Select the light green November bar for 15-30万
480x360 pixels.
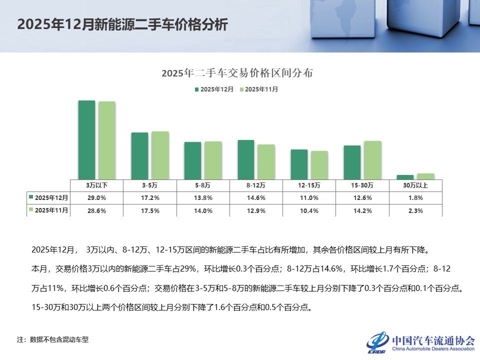coord(372,159)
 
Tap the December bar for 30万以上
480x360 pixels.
coord(405,176)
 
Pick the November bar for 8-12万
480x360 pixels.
coord(266,161)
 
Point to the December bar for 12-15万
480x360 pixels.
coord(299,163)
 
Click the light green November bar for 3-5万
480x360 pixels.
coord(160,154)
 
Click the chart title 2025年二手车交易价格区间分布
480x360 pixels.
coord(237,73)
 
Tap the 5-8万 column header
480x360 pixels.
coord(203,185)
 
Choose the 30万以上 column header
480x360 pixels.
coord(415,185)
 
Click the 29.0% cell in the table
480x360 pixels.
coord(96,198)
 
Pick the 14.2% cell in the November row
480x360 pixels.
coord(362,210)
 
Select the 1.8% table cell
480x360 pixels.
coord(415,198)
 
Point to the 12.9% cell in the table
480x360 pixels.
coord(256,210)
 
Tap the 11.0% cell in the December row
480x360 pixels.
coord(309,198)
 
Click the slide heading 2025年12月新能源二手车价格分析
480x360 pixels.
coord(123,25)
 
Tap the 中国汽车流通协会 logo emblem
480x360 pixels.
coord(378,341)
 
